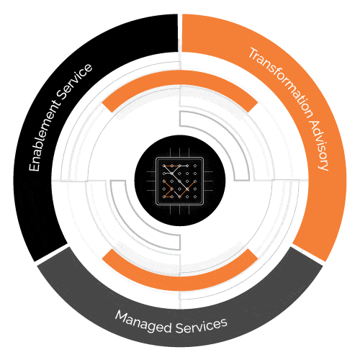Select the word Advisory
(x=320, y=145)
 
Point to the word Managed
(x=143, y=322)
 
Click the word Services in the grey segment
(x=201, y=325)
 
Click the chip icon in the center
(x=180, y=181)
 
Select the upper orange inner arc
(x=180, y=77)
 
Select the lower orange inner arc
(x=180, y=284)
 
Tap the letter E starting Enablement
(x=34, y=166)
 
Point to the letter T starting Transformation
(x=253, y=54)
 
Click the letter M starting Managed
(x=122, y=315)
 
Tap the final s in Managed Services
(x=223, y=322)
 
